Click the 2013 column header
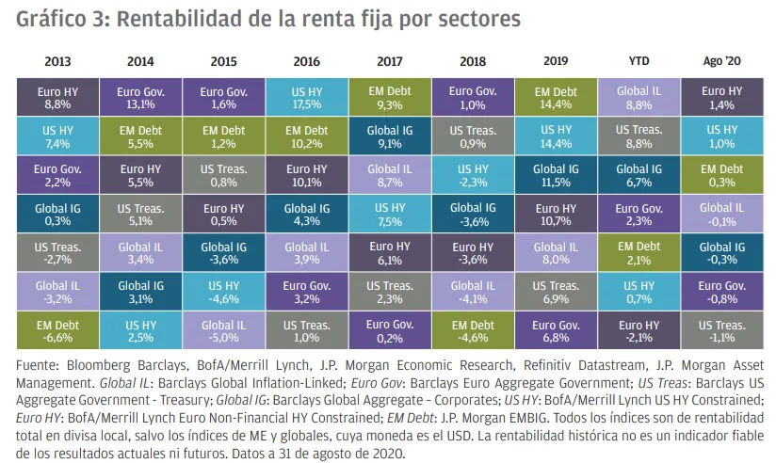57,62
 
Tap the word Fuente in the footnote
38,364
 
